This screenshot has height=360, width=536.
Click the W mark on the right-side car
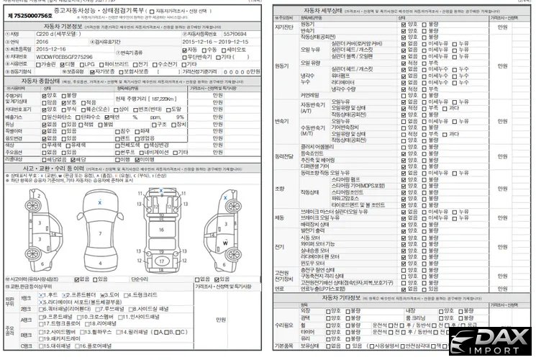224,243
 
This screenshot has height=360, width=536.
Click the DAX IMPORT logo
491,343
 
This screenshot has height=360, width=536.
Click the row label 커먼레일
309,94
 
